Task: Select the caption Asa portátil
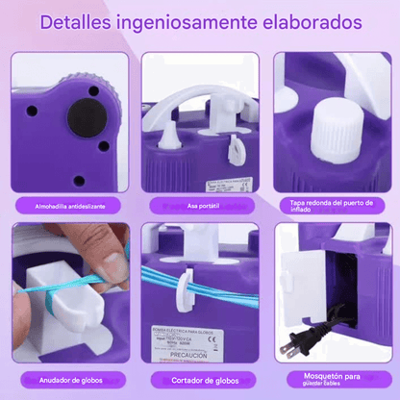[x=200, y=205]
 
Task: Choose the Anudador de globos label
[x=64, y=379]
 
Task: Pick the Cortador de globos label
[x=199, y=379]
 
